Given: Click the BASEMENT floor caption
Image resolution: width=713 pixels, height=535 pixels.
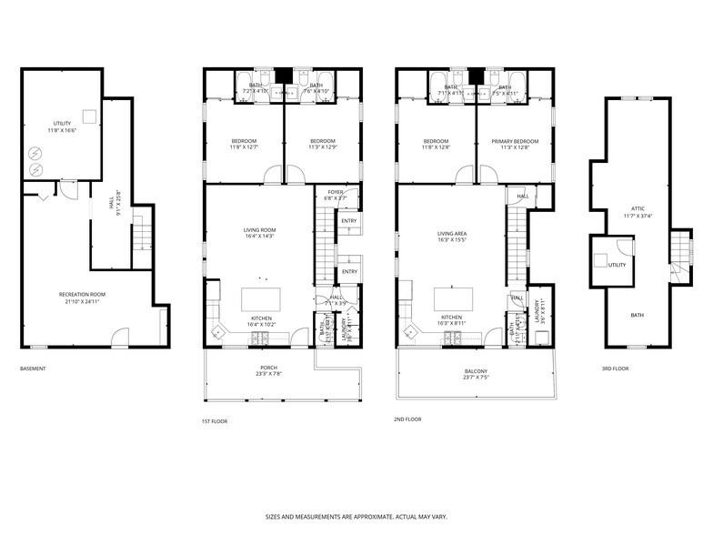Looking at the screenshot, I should (x=33, y=368).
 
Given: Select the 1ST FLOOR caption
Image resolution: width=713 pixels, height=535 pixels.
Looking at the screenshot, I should (x=215, y=420).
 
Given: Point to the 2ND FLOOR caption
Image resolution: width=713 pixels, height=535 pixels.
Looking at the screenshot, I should (x=408, y=419).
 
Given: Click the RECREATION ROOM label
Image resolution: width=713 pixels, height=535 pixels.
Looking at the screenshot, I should (x=82, y=294).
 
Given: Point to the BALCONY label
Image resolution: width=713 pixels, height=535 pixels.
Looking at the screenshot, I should (x=476, y=370).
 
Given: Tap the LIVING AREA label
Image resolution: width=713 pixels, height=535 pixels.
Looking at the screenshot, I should (x=451, y=233).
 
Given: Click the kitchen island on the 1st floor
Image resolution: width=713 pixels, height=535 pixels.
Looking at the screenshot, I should (x=260, y=299).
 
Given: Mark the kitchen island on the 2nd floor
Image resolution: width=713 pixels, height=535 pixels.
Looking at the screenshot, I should (x=453, y=299).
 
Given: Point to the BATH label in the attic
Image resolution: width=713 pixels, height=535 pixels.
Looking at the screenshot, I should (x=637, y=315).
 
